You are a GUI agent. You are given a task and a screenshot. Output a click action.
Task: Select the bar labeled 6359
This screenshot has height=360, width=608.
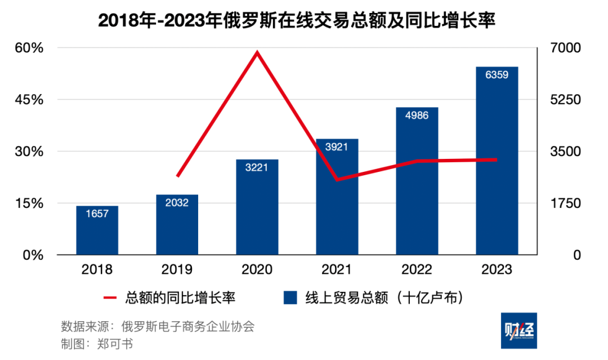click(x=497, y=163)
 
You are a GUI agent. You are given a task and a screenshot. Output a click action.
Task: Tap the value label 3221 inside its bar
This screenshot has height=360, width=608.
click(x=257, y=167)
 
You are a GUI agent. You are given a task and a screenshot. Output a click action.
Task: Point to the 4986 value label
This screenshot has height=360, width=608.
click(x=417, y=115)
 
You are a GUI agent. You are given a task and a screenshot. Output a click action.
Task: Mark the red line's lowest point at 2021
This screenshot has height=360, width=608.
click(x=337, y=180)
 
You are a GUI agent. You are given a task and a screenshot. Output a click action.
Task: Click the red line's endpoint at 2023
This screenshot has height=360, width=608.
click(x=497, y=159)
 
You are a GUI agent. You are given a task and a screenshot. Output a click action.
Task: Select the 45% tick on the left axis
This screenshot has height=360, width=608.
click(x=29, y=100)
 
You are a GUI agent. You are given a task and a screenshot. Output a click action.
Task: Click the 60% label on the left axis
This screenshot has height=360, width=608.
click(x=29, y=48)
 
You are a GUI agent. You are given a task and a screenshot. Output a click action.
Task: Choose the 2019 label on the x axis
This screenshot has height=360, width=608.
click(x=177, y=270)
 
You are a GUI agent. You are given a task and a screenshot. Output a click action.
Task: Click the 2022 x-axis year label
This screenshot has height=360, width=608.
click(x=417, y=270)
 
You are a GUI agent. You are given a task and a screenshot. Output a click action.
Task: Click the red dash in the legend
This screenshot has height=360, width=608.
click(x=110, y=297)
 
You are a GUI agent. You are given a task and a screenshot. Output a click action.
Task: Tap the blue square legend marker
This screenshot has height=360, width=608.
click(x=290, y=297)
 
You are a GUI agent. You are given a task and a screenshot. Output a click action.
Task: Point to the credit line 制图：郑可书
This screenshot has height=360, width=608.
click(x=97, y=344)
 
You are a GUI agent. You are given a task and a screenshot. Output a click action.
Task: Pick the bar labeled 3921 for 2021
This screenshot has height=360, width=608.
click(x=337, y=197)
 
